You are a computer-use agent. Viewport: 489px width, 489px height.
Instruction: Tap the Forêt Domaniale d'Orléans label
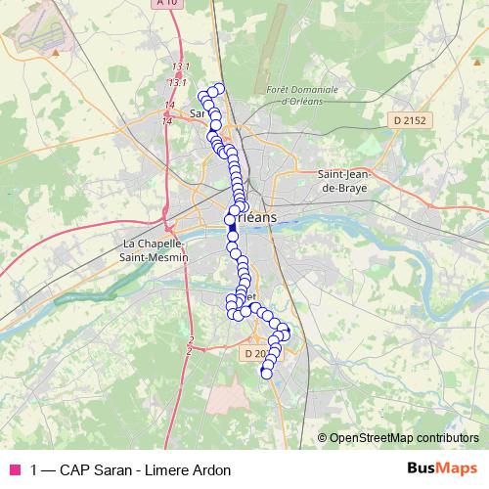301,95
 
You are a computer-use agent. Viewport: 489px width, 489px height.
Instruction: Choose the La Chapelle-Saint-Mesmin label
154,249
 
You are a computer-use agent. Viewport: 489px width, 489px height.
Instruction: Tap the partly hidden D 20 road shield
254,352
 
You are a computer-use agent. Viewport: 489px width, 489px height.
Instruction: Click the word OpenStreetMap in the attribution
373,438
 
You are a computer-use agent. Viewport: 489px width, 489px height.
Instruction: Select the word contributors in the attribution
448,438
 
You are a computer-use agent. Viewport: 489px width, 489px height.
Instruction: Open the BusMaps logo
442,468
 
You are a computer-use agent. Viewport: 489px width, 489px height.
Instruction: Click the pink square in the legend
15,469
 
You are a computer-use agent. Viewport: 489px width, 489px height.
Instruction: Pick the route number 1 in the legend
34,469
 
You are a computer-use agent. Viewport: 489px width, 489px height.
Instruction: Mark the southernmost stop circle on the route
266,373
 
